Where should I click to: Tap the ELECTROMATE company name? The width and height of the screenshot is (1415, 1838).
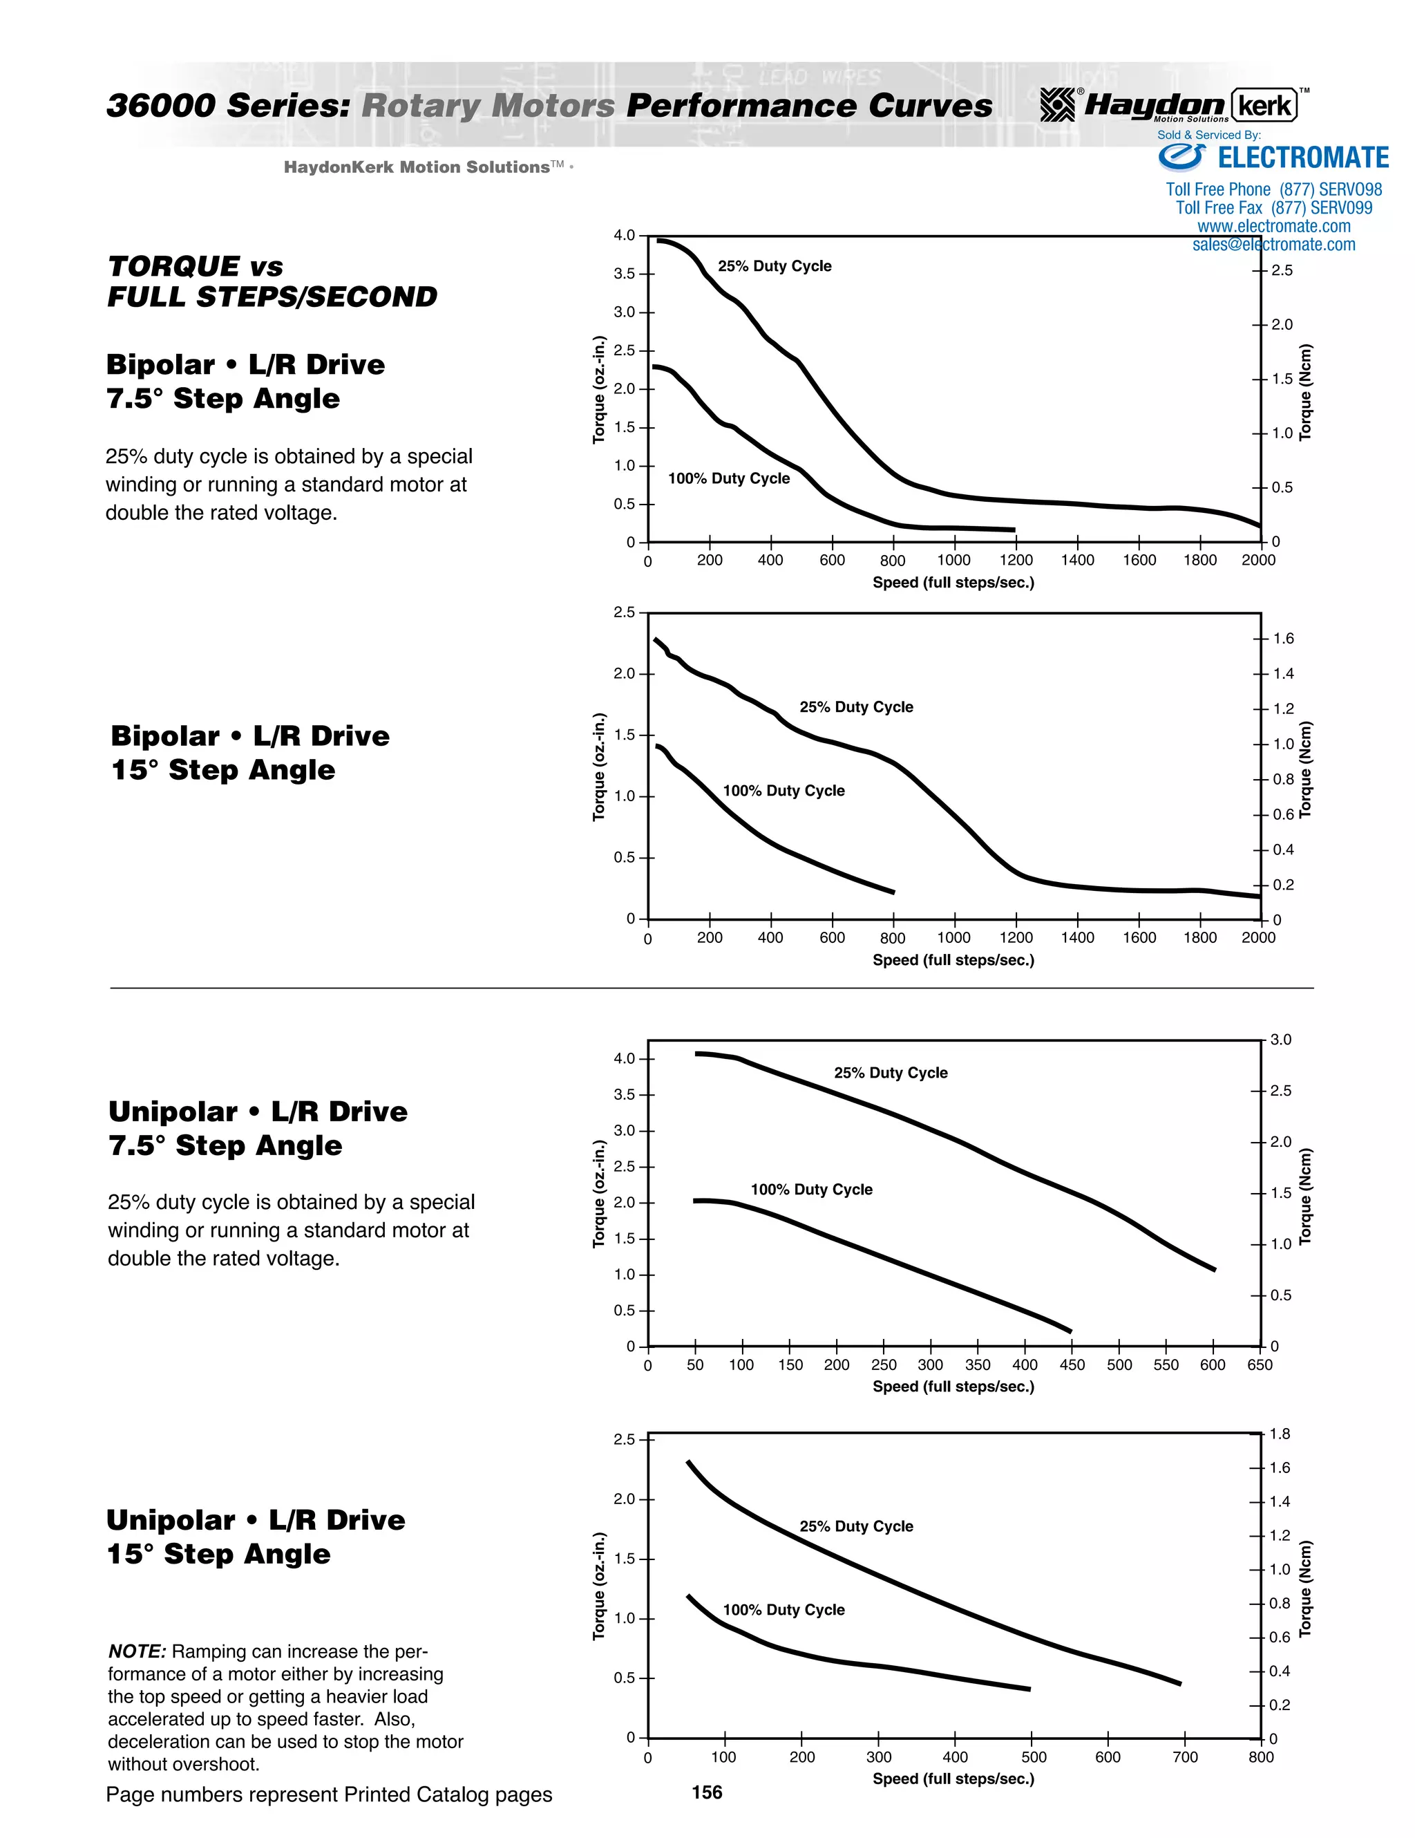coord(1303,158)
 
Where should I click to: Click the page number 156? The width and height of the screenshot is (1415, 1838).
coord(707,1792)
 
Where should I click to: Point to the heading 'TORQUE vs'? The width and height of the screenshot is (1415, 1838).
coord(195,267)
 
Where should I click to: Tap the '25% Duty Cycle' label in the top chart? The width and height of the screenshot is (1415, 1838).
coord(774,266)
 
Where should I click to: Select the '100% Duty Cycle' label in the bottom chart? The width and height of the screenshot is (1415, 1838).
coord(784,1609)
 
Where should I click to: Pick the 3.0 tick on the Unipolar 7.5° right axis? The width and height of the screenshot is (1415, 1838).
coord(1280,1040)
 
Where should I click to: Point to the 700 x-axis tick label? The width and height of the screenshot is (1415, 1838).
coord(1184,1756)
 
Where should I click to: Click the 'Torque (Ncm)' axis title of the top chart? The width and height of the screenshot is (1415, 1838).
coord(1306,392)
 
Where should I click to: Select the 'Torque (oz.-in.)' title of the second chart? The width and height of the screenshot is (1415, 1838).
coord(599,767)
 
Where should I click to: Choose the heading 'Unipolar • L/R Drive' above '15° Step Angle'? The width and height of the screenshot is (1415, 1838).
coord(256,1519)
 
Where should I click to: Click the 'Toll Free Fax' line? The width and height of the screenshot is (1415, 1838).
coord(1273,208)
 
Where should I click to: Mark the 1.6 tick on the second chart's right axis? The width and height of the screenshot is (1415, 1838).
coord(1283,639)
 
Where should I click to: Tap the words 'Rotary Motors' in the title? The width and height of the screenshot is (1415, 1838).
coord(488,106)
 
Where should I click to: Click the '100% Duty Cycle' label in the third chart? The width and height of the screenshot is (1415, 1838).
coord(811,1189)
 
